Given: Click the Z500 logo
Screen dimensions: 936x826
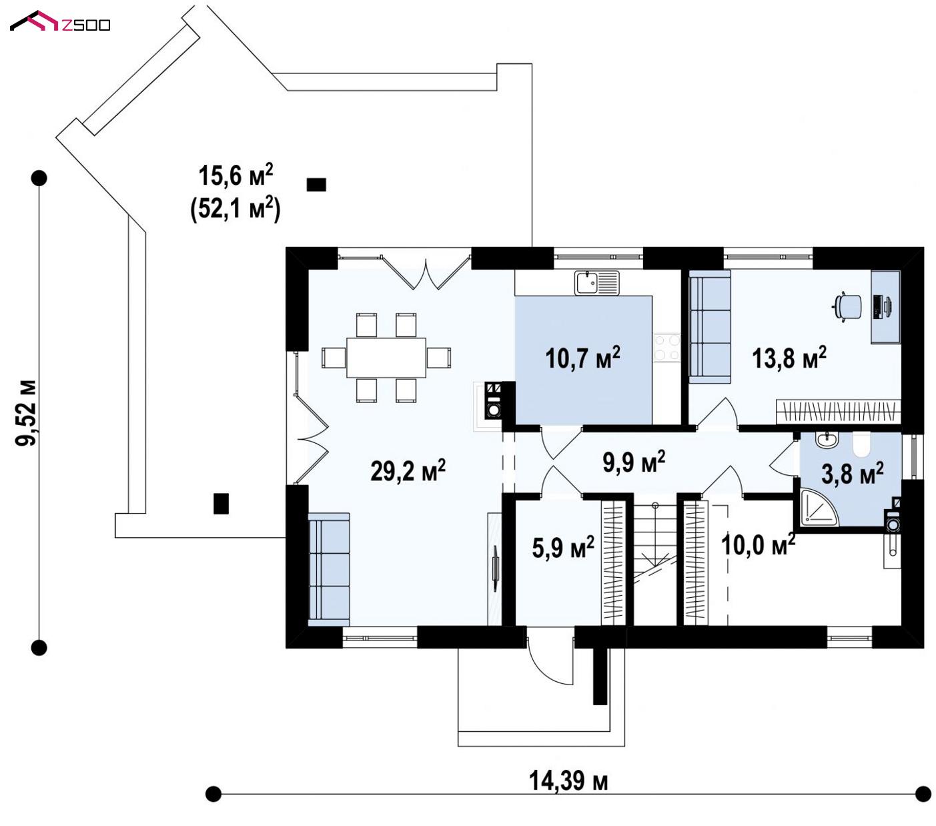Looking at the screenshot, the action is pos(60,21).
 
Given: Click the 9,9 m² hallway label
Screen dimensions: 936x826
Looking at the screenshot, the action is pos(634,462).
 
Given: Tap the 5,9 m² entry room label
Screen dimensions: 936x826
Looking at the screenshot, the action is pos(563,547).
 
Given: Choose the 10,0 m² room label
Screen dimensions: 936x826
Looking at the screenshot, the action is pos(758,544).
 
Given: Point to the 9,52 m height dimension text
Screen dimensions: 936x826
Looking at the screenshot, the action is pos(25,412).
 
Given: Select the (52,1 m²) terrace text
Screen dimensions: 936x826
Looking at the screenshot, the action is pos(235,208).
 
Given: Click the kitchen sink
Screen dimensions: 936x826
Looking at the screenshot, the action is pos(596,283).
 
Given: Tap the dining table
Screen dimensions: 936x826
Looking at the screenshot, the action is pos(386,357).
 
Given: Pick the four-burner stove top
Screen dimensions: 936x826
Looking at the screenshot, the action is pos(666,347).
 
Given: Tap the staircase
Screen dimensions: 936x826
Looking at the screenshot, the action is pos(654,564).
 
